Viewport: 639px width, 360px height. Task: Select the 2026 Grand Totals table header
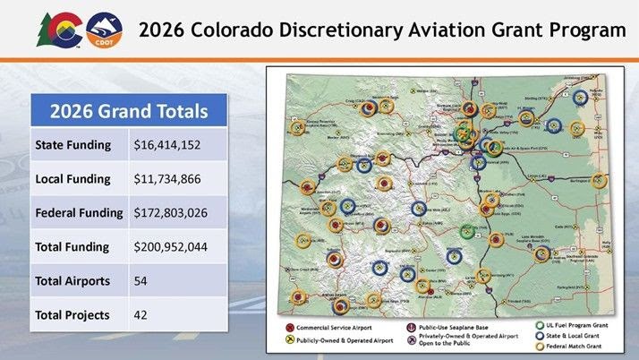pos(128,112)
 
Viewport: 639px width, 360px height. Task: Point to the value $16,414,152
pos(166,144)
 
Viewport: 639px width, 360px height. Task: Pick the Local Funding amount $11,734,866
pos(166,179)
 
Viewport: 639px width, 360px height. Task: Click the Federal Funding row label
pos(79,213)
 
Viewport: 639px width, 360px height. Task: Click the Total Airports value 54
pos(141,280)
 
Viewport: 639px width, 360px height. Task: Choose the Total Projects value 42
pos(141,314)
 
